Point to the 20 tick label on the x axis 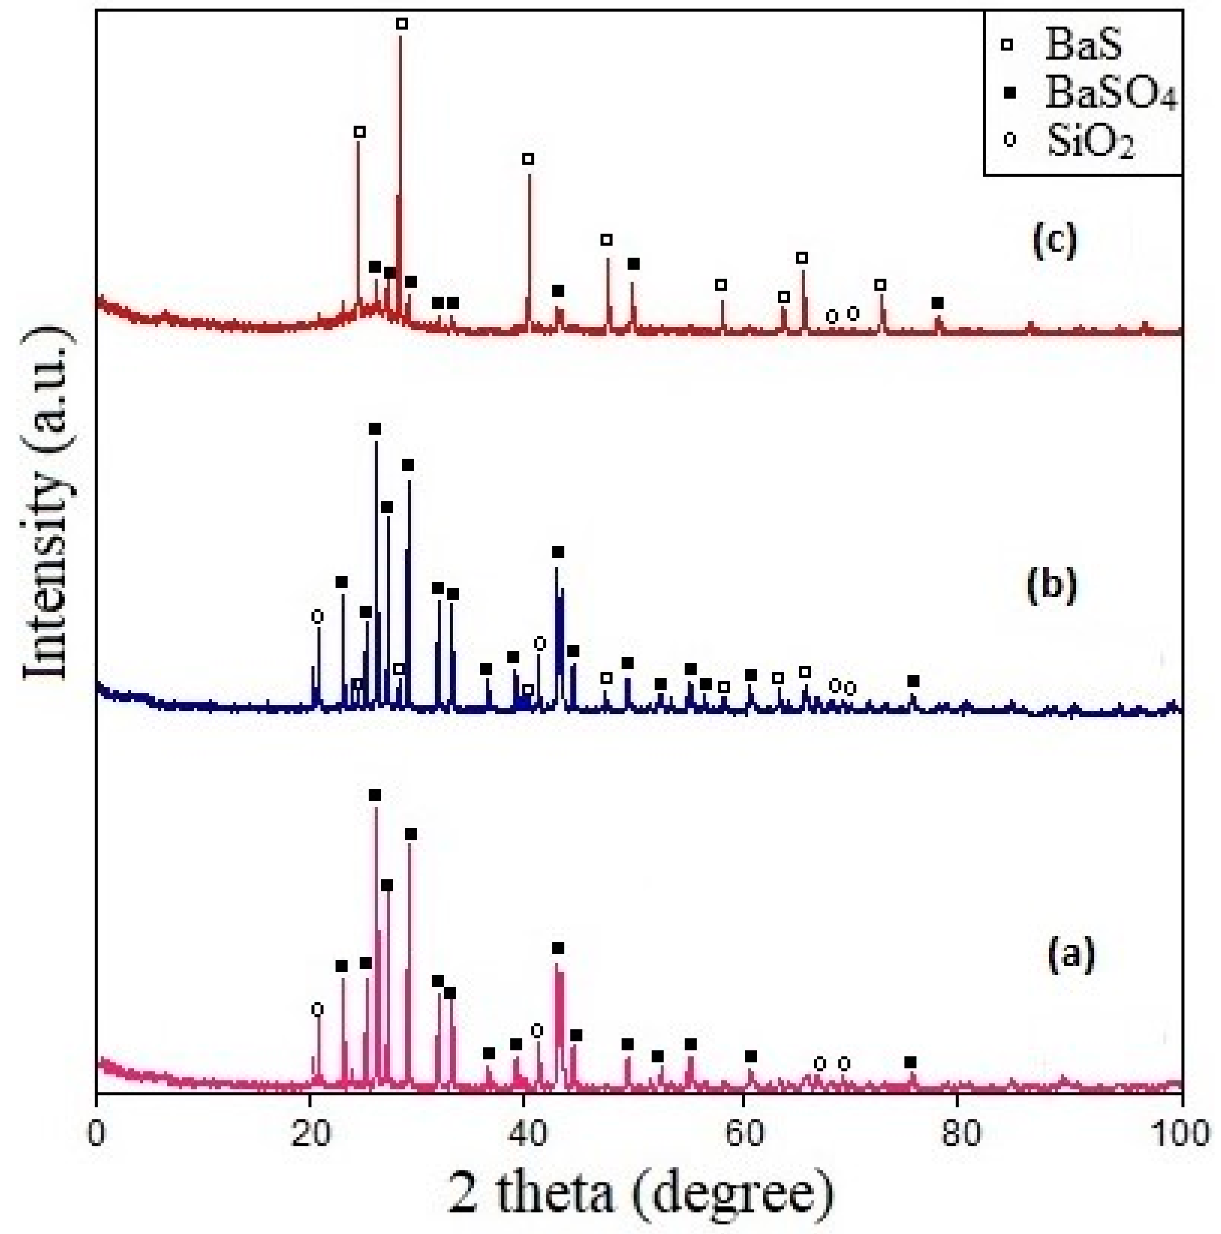pos(310,1134)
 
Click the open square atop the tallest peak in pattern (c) pos(401,24)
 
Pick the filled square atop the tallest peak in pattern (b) pos(375,429)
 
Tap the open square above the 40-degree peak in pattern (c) pos(528,158)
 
